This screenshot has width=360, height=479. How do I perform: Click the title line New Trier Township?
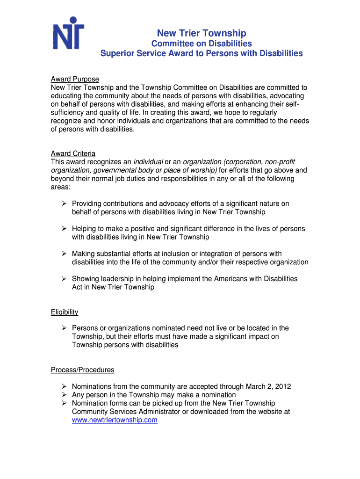[x=202, y=33]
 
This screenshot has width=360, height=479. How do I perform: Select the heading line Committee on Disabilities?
[x=202, y=44]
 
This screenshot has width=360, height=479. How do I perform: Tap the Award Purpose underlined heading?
[x=75, y=79]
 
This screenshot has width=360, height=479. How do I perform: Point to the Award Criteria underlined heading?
[x=73, y=153]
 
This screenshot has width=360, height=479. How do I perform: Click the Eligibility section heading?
[x=65, y=312]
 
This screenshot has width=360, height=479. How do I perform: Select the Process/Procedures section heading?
[x=82, y=370]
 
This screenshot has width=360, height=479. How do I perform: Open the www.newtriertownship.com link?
[x=115, y=420]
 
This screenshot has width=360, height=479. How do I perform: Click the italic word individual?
[x=148, y=162]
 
